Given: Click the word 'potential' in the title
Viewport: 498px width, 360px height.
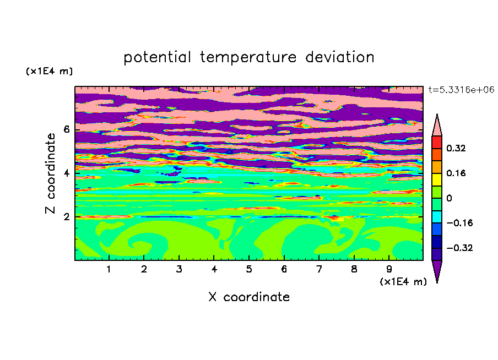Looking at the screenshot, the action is click(x=157, y=57).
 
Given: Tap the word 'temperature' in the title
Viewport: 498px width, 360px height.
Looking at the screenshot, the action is click(x=248, y=57).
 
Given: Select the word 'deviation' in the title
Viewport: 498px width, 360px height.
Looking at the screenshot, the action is click(x=340, y=57).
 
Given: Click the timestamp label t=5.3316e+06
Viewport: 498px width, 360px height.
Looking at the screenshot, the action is click(x=461, y=90).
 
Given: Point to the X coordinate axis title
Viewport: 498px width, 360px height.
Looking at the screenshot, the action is click(x=249, y=297).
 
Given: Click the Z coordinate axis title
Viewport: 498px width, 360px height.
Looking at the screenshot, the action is click(x=50, y=173).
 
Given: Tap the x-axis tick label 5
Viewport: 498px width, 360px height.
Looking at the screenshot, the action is click(x=249, y=269).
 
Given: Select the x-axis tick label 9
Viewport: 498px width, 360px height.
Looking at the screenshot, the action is click(x=389, y=269).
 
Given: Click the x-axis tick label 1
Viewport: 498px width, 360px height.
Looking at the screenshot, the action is click(x=109, y=269).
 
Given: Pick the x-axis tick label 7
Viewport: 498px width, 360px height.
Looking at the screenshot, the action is click(x=319, y=269).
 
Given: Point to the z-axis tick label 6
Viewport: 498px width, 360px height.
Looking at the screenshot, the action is click(x=66, y=129).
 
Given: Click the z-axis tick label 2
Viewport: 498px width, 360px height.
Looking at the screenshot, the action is click(x=66, y=217).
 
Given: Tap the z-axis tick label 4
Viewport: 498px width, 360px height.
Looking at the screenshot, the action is click(x=66, y=173).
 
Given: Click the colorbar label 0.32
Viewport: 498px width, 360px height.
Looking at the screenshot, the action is click(x=456, y=148).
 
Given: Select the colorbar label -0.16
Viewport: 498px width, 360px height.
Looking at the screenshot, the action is click(x=459, y=223).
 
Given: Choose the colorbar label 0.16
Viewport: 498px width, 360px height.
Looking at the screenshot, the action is click(x=456, y=173).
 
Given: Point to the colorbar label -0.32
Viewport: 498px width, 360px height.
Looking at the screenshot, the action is click(x=459, y=248).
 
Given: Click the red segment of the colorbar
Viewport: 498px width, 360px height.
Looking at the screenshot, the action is click(x=437, y=142).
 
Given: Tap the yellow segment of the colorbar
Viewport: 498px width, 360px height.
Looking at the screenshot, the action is click(x=437, y=179).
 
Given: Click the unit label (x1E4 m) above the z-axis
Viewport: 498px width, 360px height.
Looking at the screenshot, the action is click(x=49, y=71).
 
